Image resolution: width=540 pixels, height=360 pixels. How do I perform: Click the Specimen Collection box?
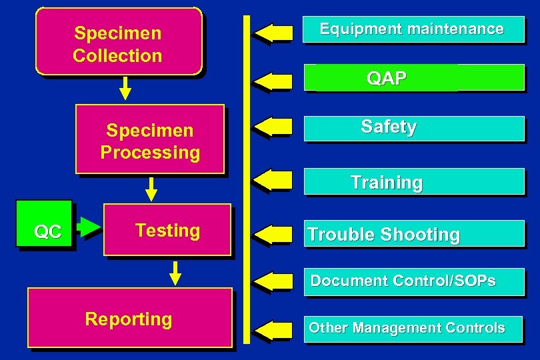118,41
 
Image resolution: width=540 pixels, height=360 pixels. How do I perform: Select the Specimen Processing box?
150,139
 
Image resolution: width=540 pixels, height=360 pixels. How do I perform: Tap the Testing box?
167,230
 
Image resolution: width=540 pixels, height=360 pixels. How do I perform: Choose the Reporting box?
129,318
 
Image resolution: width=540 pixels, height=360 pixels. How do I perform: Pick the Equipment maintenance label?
413,29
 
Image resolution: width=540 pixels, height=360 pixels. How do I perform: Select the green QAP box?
413,78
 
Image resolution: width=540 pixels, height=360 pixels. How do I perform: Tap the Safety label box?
413,127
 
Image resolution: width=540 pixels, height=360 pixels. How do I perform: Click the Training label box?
413,181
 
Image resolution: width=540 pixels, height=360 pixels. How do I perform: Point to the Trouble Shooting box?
413,235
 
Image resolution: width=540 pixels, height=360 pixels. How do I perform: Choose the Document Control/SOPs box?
413,281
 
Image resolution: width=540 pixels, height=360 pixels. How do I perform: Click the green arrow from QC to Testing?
88,227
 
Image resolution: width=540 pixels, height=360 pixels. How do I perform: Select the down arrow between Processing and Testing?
151,189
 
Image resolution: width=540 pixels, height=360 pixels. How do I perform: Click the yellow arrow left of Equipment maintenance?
273,32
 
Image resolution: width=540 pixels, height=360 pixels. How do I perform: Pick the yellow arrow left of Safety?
273,127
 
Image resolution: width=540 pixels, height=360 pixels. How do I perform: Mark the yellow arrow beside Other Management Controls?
273,330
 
